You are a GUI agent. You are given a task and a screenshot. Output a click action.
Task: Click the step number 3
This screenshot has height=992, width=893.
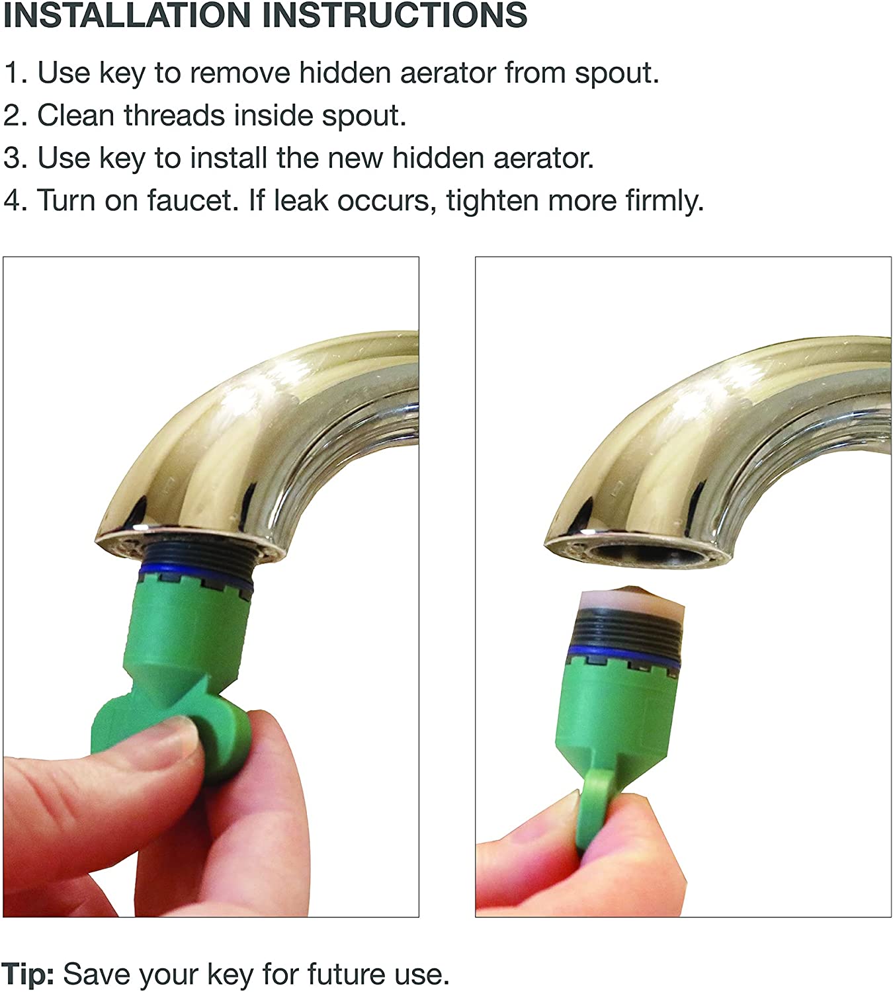point(13,159)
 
